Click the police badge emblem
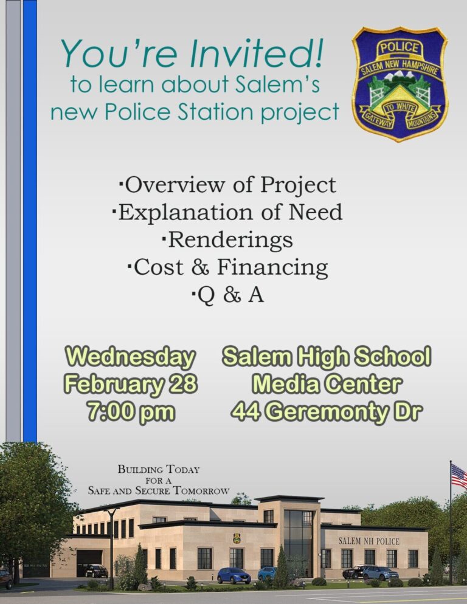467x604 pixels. click(x=400, y=84)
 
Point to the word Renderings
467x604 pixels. click(x=230, y=240)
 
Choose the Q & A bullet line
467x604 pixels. click(x=227, y=295)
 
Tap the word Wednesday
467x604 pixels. click(x=131, y=357)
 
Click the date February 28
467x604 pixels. click(x=131, y=384)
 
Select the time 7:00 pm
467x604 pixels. click(x=131, y=411)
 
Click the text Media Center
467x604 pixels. click(x=327, y=384)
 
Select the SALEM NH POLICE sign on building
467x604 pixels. click(x=369, y=541)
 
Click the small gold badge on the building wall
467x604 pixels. click(x=237, y=538)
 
